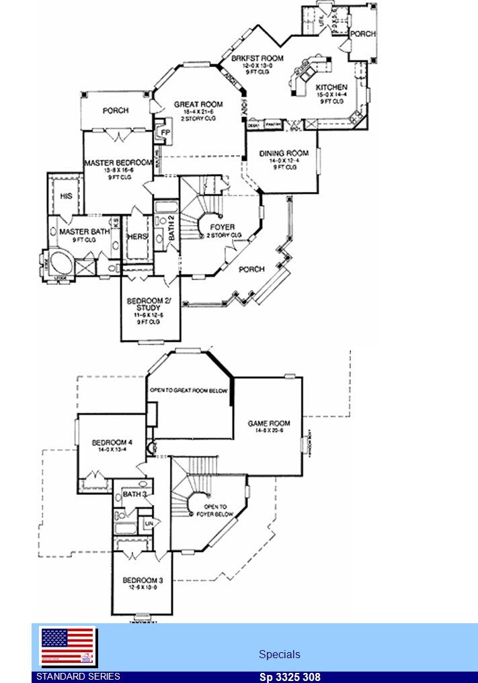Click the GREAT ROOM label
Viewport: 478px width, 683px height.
pyautogui.click(x=198, y=105)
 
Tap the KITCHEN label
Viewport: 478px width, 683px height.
pyautogui.click(x=331, y=87)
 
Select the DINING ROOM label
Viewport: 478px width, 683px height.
pyautogui.click(x=284, y=154)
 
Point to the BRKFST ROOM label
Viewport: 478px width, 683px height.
pyautogui.click(x=253, y=58)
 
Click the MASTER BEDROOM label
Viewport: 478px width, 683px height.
pyautogui.click(x=118, y=163)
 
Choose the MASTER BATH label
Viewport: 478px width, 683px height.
pyautogui.click(x=84, y=232)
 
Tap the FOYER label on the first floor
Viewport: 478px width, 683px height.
pyautogui.click(x=222, y=227)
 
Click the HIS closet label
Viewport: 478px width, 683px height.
pyautogui.click(x=66, y=196)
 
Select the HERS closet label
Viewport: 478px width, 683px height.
pyautogui.click(x=137, y=236)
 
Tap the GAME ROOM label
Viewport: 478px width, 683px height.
pyautogui.click(x=269, y=423)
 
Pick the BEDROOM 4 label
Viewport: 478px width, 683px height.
pyautogui.click(x=112, y=443)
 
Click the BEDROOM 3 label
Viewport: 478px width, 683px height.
pyautogui.click(x=143, y=580)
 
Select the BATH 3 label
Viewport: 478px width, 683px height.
pyautogui.click(x=134, y=494)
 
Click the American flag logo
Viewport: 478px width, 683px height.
pyautogui.click(x=68, y=647)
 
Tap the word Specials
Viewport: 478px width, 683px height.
pyautogui.click(x=280, y=654)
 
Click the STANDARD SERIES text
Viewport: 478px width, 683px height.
pyautogui.click(x=78, y=676)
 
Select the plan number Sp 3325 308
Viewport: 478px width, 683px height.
pyautogui.click(x=290, y=677)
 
